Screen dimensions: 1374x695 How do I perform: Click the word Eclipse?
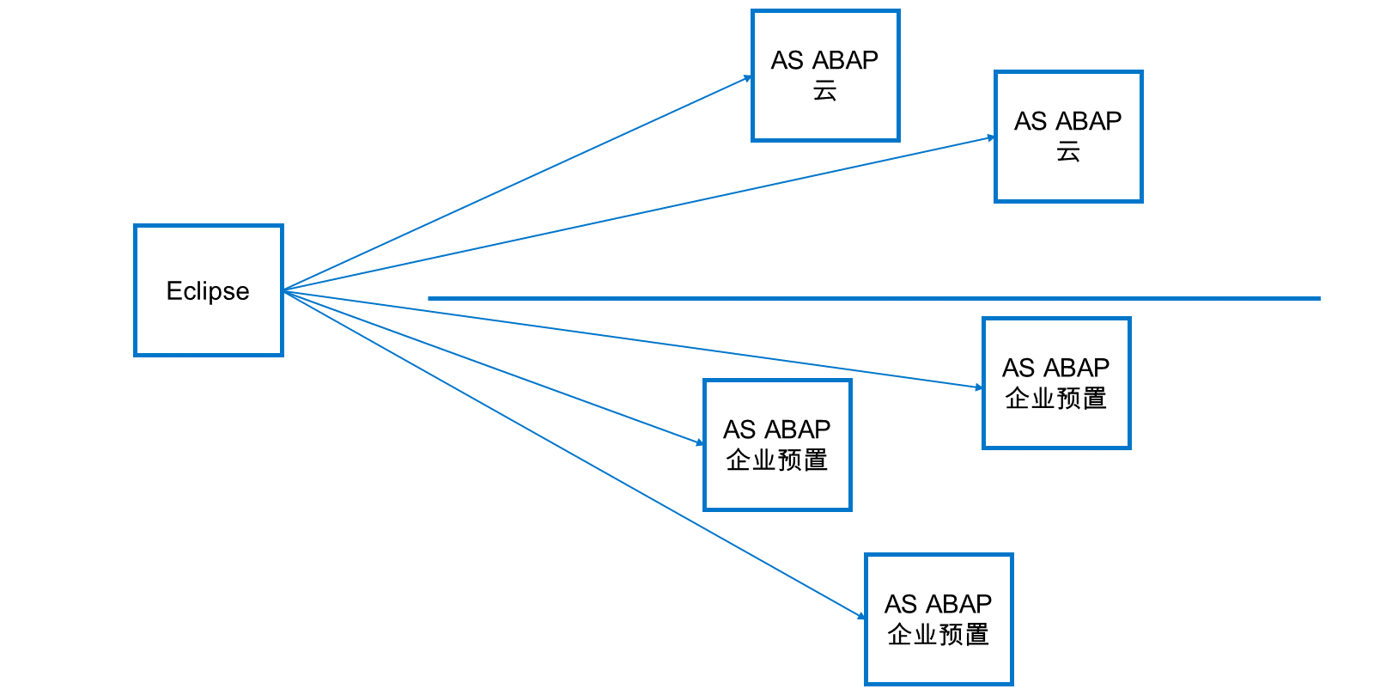[208, 290]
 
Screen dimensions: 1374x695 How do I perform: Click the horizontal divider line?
[874, 298]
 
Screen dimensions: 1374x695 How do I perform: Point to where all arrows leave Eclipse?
[284, 290]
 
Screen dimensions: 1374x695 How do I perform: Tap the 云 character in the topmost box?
[825, 91]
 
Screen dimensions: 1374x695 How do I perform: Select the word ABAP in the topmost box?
[845, 60]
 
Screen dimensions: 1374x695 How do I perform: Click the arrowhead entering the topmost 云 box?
[747, 78]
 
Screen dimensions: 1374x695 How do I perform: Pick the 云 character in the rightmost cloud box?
[1068, 151]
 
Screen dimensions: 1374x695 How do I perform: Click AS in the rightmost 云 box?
[1030, 121]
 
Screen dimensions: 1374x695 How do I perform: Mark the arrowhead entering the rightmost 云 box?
[990, 138]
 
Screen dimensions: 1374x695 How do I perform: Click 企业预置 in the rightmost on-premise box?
[1055, 398]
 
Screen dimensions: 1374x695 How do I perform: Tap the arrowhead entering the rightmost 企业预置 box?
[978, 387]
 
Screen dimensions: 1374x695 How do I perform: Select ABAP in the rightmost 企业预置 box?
[1077, 368]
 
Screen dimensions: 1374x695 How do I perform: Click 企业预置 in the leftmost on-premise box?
[776, 460]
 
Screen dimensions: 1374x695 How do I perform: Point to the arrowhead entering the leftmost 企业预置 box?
[699, 442]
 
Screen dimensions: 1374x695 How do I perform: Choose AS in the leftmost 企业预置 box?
[739, 430]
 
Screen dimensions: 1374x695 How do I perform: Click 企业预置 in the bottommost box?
[938, 634]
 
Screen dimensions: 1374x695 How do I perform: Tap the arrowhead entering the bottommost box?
[860, 615]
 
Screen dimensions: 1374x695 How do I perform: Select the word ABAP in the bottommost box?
[958, 604]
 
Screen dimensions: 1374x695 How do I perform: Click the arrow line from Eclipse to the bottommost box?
[575, 454]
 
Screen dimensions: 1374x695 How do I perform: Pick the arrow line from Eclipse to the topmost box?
[518, 184]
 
